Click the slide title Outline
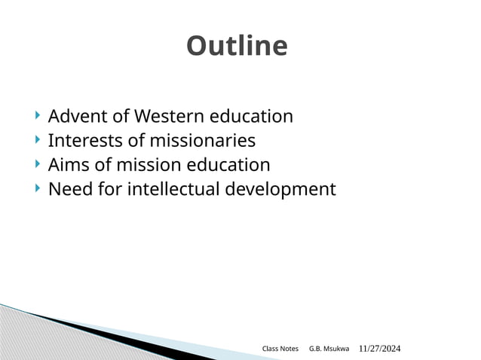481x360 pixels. click(237, 47)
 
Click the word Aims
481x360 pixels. click(66, 165)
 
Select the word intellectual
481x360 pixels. click(173, 189)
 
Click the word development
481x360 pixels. click(280, 189)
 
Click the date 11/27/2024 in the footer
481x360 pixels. click(379, 349)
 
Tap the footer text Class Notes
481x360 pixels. click(280, 349)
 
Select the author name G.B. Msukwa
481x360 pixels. click(329, 349)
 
